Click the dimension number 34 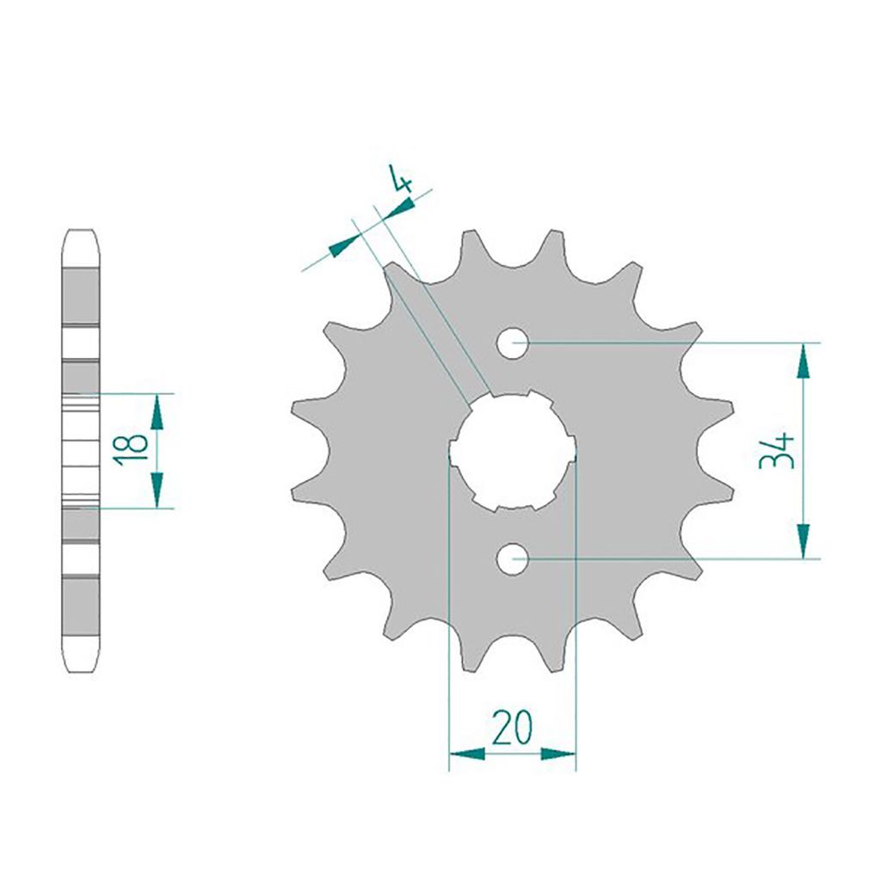click(x=777, y=451)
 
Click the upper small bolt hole click(x=513, y=342)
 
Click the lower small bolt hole click(x=513, y=559)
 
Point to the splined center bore click(x=513, y=450)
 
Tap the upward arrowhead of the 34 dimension click(x=804, y=361)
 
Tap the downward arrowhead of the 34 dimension click(x=804, y=541)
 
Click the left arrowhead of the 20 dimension click(x=467, y=754)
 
